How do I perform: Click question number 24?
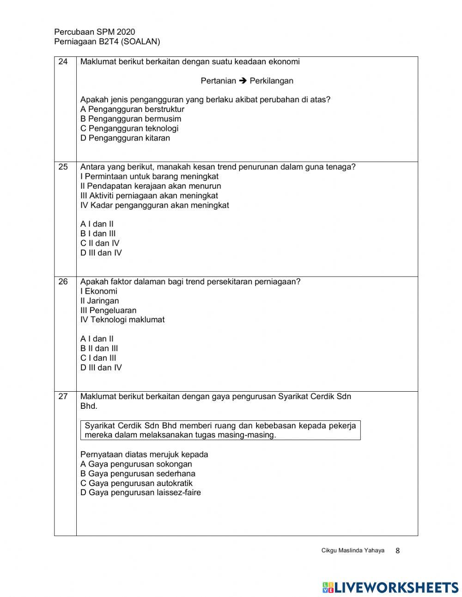point(63,62)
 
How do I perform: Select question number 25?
point(63,167)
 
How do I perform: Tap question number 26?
point(63,282)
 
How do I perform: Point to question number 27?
point(63,396)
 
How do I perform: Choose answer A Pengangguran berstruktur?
point(132,109)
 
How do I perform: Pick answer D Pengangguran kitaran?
point(125,138)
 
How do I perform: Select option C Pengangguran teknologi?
point(129,128)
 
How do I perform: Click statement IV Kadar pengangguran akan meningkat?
point(155,205)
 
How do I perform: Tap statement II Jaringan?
point(100,301)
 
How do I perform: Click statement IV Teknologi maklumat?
point(122,320)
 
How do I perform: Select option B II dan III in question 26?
point(99,348)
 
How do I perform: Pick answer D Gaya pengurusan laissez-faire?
point(140,492)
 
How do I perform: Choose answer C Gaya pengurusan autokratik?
point(136,483)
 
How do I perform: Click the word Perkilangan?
point(271,81)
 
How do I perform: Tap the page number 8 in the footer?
point(398,551)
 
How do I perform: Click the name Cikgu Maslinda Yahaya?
point(353,550)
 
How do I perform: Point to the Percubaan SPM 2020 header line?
point(95,32)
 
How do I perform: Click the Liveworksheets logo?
point(390,587)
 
